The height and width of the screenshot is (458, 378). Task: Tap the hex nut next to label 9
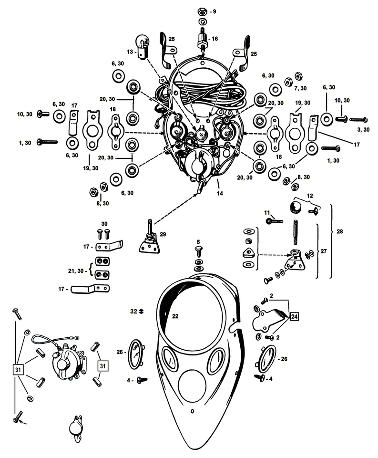(x=202, y=11)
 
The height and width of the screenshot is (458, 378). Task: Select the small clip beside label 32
(x=142, y=312)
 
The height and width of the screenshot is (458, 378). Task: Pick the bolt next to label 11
(x=274, y=220)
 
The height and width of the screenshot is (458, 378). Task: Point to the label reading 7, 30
(x=300, y=88)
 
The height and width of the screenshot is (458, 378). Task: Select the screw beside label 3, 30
(x=358, y=120)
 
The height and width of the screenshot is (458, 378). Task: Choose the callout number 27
(x=324, y=250)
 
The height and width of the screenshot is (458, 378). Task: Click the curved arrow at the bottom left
(x=24, y=422)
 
